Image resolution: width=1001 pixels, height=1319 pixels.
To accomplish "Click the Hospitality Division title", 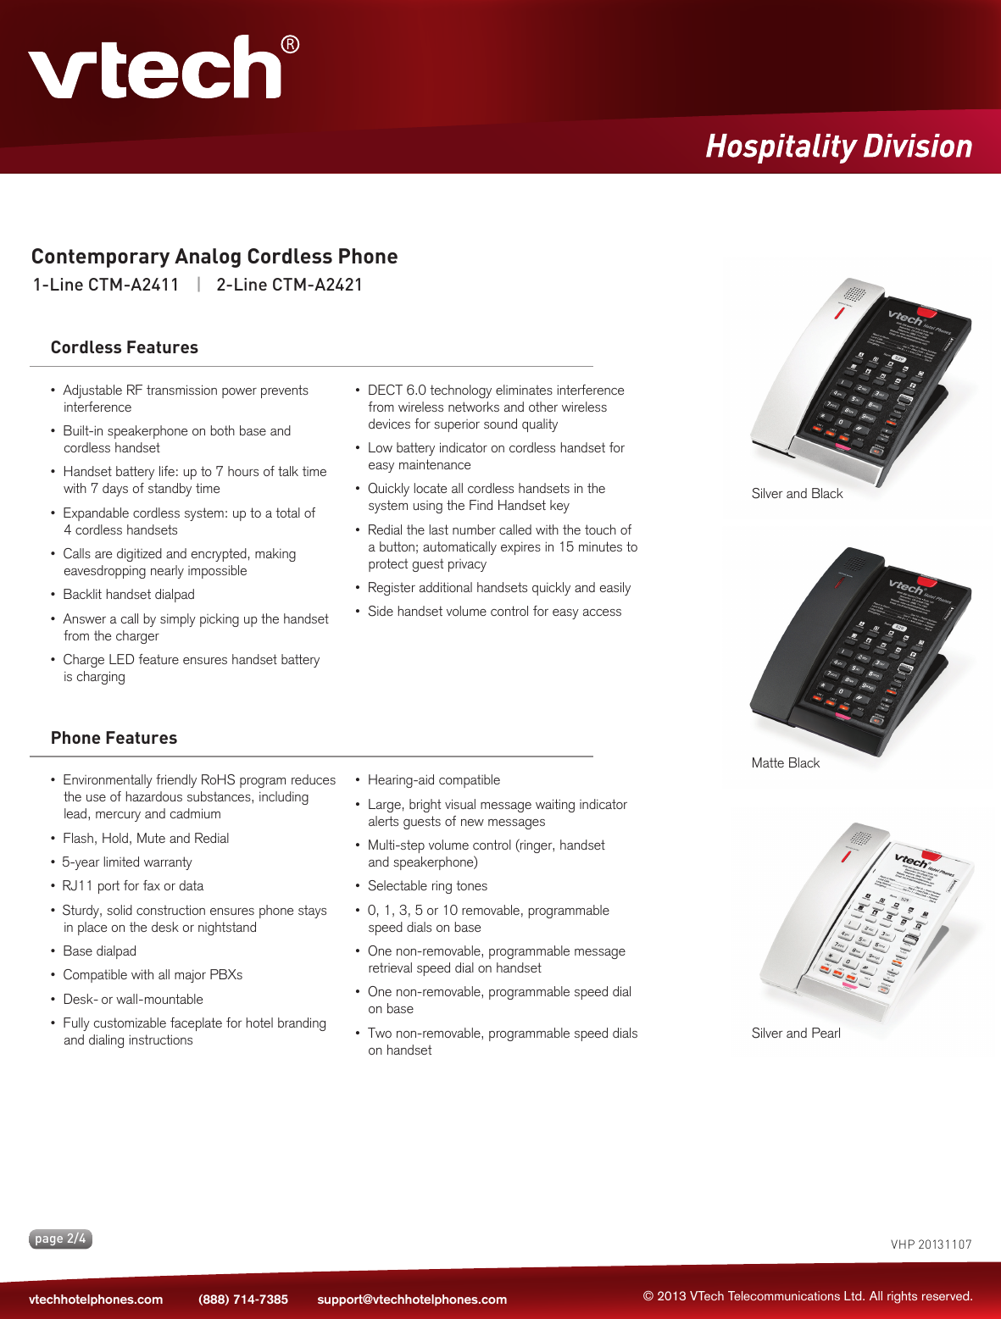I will pos(838,146).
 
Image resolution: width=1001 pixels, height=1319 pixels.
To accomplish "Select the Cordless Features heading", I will pos(125,347).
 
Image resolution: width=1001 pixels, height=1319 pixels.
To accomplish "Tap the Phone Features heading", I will pos(114,738).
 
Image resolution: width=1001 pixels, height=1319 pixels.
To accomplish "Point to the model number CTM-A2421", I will pos(317,285).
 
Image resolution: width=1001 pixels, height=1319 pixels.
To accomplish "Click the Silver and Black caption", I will pos(797,494).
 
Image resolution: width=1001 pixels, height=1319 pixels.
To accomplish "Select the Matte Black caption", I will pos(785,763).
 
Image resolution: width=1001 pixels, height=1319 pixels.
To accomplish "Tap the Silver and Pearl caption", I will pos(796,1034).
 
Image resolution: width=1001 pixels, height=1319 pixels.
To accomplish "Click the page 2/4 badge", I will pos(60,1239).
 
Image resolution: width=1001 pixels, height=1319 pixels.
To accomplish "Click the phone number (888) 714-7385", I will pos(243,1300).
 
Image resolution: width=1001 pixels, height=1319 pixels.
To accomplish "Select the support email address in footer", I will pos(412,1300).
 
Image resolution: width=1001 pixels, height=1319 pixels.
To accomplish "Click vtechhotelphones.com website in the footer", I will pos(96,1300).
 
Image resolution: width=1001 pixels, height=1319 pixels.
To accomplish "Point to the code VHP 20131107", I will pos(931,1244).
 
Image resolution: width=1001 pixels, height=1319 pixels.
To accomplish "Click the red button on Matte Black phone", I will pos(928,582).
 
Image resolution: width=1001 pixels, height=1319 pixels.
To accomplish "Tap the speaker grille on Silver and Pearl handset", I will pos(860,839).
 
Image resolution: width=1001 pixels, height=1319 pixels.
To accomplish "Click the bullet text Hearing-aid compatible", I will pos(434,780).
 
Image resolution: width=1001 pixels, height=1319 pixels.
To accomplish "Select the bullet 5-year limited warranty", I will pos(127,862).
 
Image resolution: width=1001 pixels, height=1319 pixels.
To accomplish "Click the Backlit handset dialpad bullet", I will pos(129,595).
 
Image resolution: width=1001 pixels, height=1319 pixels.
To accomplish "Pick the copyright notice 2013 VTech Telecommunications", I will pos(808,1296).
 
